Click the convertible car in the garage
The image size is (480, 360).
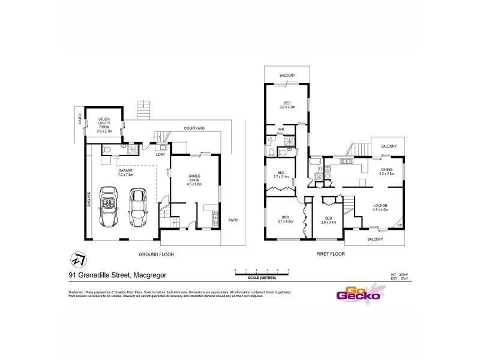(110, 207)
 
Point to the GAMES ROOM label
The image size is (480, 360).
(194, 179)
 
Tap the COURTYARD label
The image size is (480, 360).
(194, 128)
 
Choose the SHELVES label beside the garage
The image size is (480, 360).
(88, 199)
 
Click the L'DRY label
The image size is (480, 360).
(160, 155)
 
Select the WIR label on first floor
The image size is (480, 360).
(280, 130)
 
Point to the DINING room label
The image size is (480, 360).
(387, 171)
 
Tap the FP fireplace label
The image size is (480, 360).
(399, 225)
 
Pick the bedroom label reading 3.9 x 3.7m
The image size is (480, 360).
(287, 104)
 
